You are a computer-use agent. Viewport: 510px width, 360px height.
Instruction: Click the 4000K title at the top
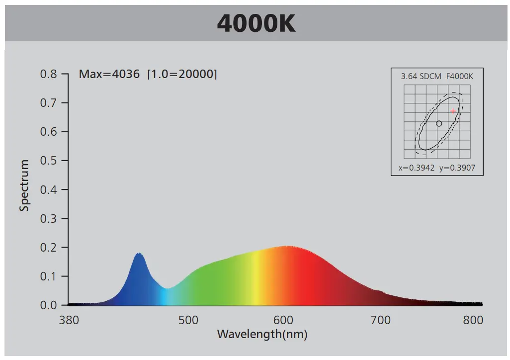click(256, 24)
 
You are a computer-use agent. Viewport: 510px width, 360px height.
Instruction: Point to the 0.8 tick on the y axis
click(49, 74)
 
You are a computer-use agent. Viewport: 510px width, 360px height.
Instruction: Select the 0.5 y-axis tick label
click(49, 161)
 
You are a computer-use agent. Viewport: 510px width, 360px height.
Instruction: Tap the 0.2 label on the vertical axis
click(49, 247)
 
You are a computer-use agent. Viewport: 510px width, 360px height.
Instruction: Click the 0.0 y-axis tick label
click(49, 305)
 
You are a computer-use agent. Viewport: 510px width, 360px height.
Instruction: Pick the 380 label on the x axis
click(69, 320)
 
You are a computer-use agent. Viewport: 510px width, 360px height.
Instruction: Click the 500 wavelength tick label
click(188, 320)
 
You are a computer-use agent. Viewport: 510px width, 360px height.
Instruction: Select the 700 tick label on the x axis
click(381, 320)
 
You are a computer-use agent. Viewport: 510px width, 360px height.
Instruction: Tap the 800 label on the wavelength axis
click(473, 320)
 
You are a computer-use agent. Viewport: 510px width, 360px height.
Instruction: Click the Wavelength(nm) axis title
click(262, 334)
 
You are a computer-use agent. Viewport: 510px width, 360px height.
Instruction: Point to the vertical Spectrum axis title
click(24, 185)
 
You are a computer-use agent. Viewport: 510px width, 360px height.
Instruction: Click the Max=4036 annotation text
click(109, 75)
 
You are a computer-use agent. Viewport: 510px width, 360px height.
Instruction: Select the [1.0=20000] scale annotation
click(182, 75)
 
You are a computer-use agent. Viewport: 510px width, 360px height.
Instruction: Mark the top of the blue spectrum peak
click(139, 254)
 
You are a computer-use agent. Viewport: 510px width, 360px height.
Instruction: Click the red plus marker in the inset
click(453, 111)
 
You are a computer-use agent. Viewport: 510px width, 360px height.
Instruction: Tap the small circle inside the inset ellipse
click(439, 123)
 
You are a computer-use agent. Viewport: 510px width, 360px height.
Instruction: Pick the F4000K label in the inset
click(460, 77)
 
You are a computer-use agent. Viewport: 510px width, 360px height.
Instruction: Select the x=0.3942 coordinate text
click(417, 168)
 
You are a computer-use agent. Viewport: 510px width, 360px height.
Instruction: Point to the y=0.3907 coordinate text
click(457, 168)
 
